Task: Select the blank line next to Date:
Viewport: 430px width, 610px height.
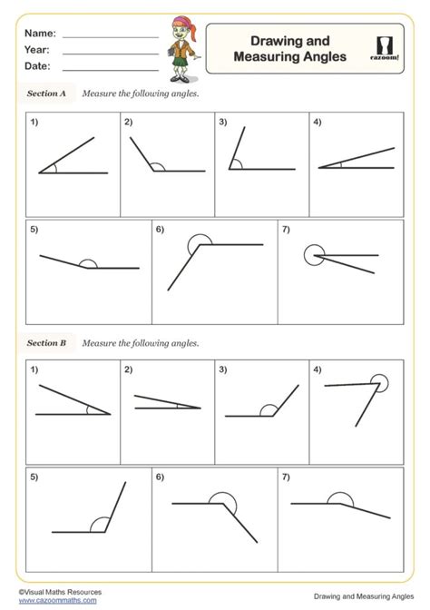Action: tap(111, 67)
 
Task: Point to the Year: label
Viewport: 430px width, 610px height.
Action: tap(37, 51)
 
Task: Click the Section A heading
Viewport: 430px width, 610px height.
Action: tap(46, 93)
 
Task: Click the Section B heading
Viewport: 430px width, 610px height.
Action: tap(46, 343)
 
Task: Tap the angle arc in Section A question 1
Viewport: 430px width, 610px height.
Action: tap(54, 167)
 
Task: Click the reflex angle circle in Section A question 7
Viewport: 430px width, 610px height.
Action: tap(313, 255)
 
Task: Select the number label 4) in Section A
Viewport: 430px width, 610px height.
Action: tap(318, 122)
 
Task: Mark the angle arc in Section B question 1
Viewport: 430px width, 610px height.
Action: tap(92, 409)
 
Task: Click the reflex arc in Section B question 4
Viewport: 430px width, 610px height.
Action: tap(381, 382)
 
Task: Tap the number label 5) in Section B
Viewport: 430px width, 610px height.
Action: tap(34, 477)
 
